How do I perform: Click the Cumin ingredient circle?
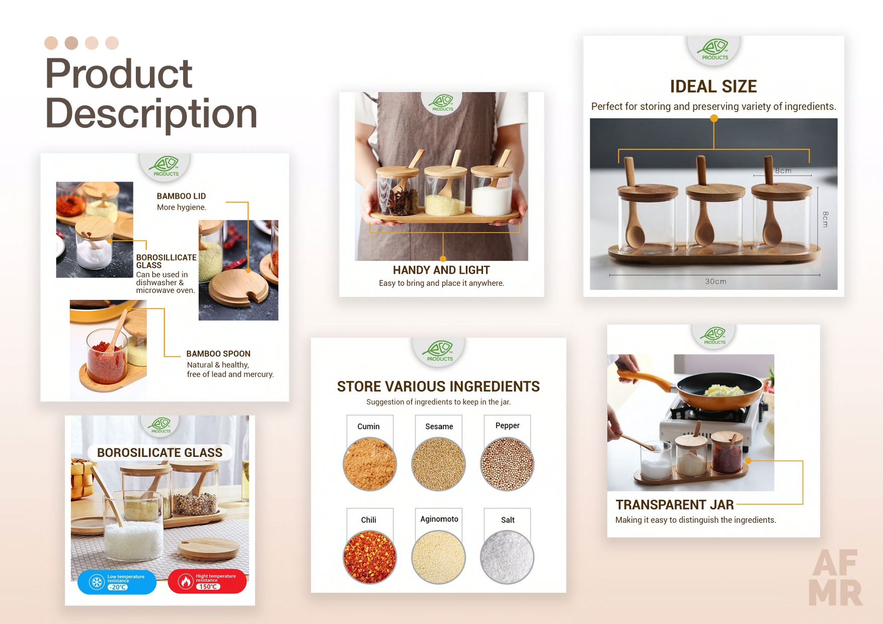(370, 464)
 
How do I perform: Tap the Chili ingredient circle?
(370, 558)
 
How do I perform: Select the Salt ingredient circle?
(507, 558)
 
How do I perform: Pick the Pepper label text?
(507, 426)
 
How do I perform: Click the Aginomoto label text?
(439, 519)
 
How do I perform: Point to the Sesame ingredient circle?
(439, 464)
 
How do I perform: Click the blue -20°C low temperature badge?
(117, 582)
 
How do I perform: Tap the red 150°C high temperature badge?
(207, 581)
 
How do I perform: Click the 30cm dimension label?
(715, 281)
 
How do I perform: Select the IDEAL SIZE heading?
(713, 87)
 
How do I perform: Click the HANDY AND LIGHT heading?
(441, 270)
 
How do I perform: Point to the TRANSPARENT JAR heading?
(675, 505)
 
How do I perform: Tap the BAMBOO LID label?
(181, 196)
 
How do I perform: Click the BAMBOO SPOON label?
(218, 354)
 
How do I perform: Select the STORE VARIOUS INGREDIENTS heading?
(438, 386)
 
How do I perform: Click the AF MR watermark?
(836, 578)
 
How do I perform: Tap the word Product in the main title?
(119, 73)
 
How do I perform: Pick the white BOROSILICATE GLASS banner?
(159, 452)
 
